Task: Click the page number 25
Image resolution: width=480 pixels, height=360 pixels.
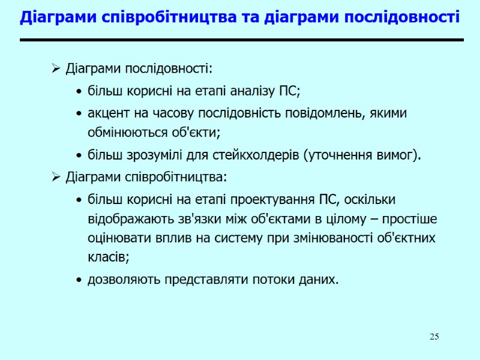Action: pos(434,337)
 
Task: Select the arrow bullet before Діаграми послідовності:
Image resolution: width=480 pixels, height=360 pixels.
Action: pos(55,69)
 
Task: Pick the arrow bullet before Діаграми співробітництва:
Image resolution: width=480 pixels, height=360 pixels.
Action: pos(55,178)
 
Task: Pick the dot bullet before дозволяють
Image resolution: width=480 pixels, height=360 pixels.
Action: pos(79,280)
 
